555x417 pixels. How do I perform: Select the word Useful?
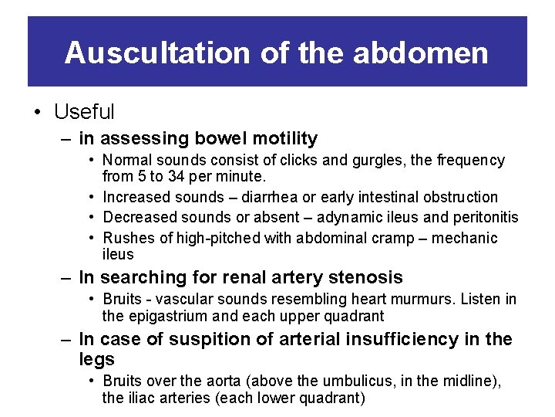pos(84,112)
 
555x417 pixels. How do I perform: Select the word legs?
pos(96,359)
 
